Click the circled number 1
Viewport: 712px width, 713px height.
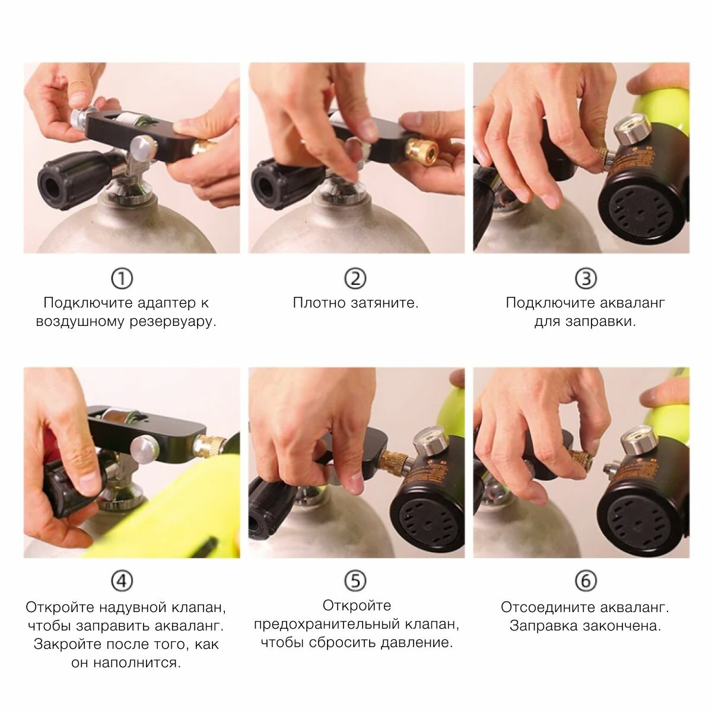[x=122, y=279]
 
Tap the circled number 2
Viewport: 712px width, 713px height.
[x=355, y=279]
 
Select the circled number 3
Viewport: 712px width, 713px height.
[x=586, y=279]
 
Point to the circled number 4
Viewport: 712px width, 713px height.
[x=122, y=581]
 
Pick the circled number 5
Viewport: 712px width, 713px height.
[x=355, y=581]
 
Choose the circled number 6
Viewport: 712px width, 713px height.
[x=586, y=581]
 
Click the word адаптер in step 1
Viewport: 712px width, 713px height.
[x=167, y=303]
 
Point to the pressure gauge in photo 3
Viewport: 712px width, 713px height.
[x=632, y=131]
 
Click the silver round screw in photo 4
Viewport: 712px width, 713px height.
[x=145, y=449]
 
